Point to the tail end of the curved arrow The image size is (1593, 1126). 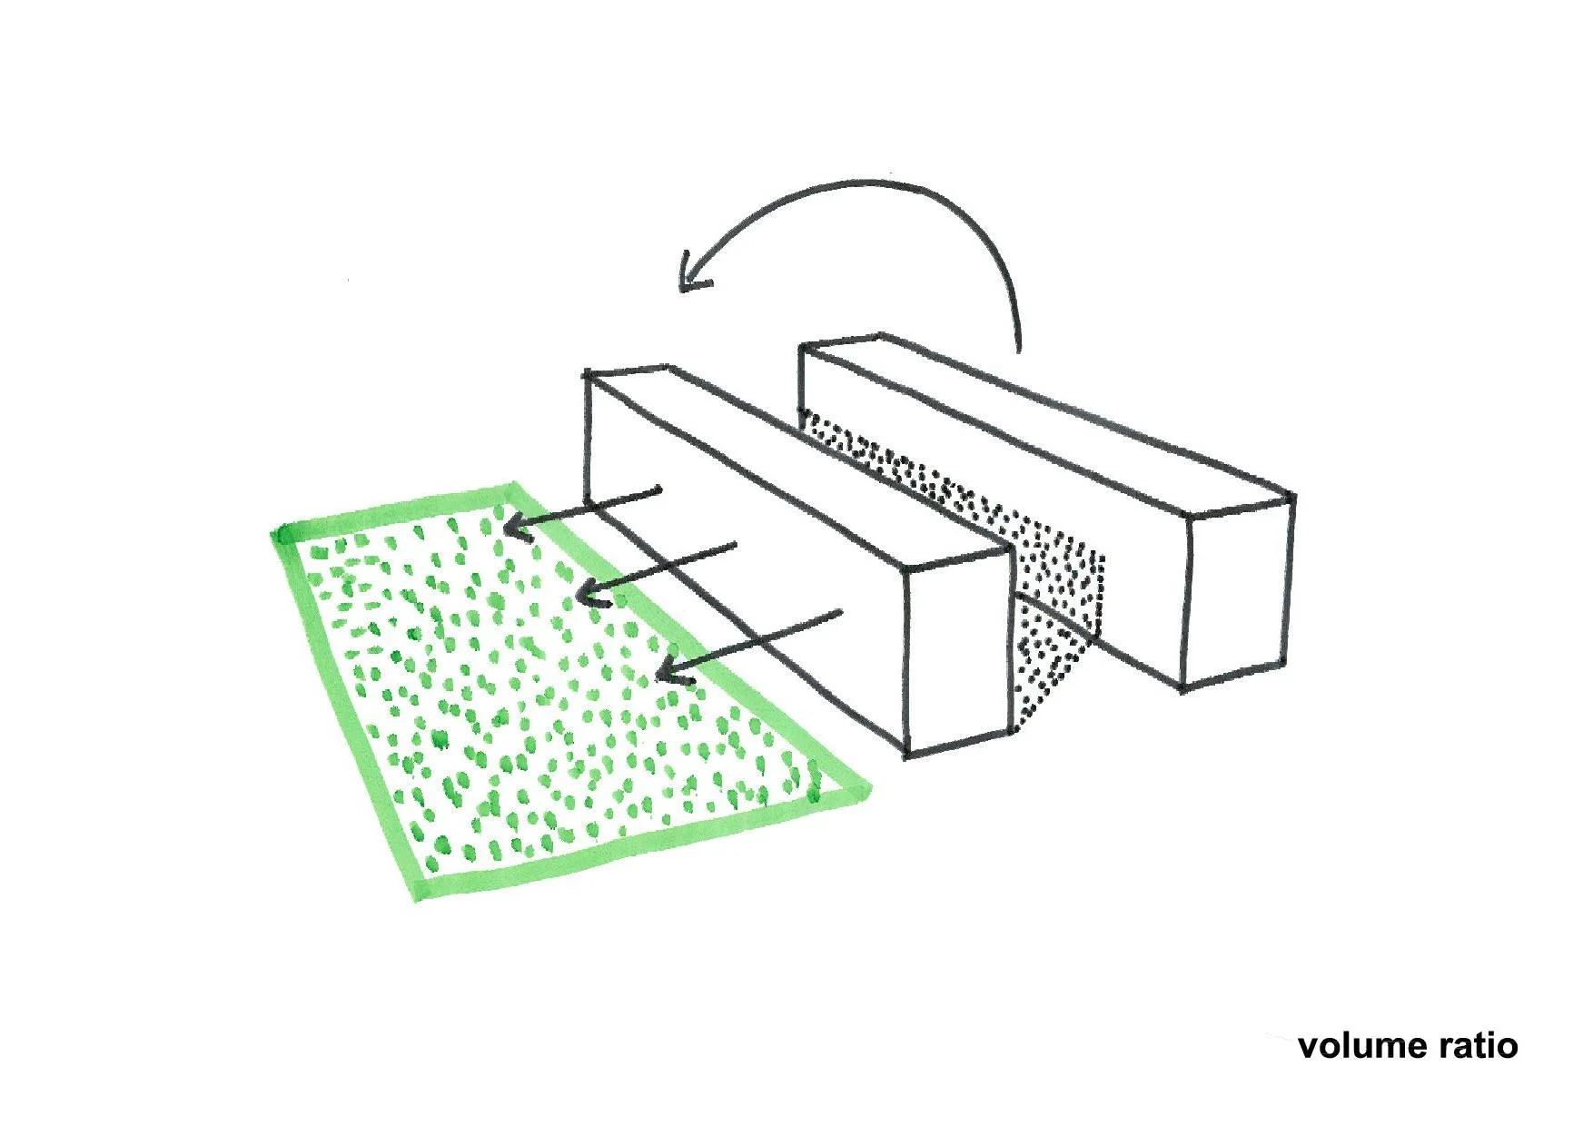(1019, 349)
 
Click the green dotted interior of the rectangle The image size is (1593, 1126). (545, 690)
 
